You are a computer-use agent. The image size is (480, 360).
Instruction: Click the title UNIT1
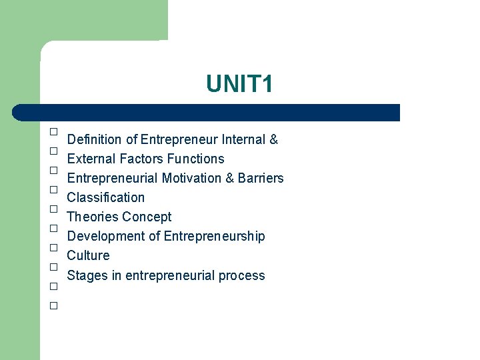point(239,85)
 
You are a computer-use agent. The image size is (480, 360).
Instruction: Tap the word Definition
point(95,139)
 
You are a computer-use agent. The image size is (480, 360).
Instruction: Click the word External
point(91,159)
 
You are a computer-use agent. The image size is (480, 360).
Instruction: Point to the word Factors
point(141,159)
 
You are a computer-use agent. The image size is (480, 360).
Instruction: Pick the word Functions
point(196,159)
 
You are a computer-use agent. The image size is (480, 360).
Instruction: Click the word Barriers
point(261,178)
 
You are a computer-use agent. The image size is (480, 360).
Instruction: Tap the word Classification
point(106,197)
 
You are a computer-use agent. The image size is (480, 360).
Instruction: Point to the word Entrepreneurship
point(214,236)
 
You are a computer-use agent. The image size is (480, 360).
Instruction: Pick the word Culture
point(88,255)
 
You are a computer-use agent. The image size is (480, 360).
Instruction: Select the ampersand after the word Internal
point(273,139)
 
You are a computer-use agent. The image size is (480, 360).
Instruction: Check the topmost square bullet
point(53,132)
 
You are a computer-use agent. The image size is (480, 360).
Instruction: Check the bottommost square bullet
point(53,306)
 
